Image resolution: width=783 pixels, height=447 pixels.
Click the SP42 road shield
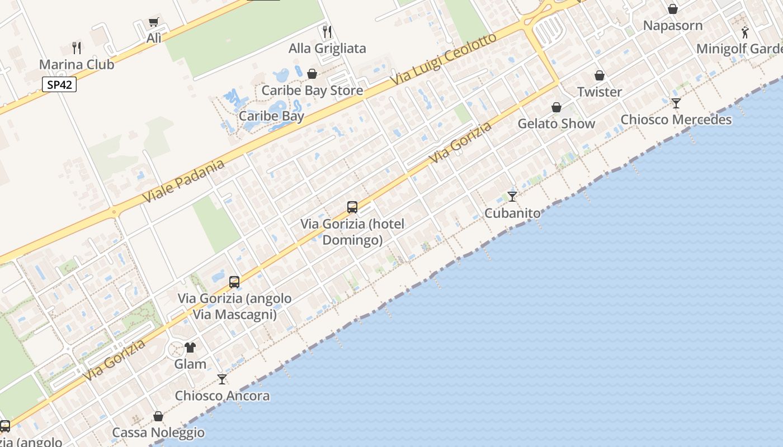(x=59, y=85)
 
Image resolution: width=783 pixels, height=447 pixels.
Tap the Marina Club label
(x=77, y=64)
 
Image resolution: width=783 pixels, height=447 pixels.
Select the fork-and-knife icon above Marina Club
(x=77, y=47)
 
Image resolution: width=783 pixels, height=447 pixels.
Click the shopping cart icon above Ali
(x=154, y=22)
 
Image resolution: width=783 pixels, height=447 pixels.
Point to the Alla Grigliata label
(x=327, y=49)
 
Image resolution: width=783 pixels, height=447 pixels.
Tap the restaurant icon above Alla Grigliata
(x=327, y=31)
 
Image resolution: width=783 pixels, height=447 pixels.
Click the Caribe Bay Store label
(x=312, y=91)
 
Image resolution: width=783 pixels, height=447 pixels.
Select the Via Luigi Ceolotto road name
(x=444, y=59)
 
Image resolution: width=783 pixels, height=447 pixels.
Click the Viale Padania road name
(x=183, y=180)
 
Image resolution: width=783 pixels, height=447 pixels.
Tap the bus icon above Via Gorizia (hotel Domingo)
(x=352, y=207)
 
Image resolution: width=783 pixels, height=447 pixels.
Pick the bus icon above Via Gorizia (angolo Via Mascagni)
(x=234, y=282)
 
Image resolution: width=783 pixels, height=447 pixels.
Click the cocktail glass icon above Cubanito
(x=512, y=196)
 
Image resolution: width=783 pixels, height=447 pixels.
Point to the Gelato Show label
(x=556, y=123)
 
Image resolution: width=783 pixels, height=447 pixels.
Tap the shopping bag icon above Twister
(x=600, y=75)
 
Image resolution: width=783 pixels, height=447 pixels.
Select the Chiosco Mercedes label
(x=676, y=120)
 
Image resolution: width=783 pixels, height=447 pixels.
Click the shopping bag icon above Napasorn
(x=673, y=9)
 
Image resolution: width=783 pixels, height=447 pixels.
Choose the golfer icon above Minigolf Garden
(x=744, y=32)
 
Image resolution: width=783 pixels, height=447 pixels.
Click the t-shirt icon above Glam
(x=190, y=348)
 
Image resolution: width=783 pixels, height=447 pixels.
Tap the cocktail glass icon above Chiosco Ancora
(x=222, y=379)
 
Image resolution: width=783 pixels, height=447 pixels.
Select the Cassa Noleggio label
(x=158, y=432)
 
